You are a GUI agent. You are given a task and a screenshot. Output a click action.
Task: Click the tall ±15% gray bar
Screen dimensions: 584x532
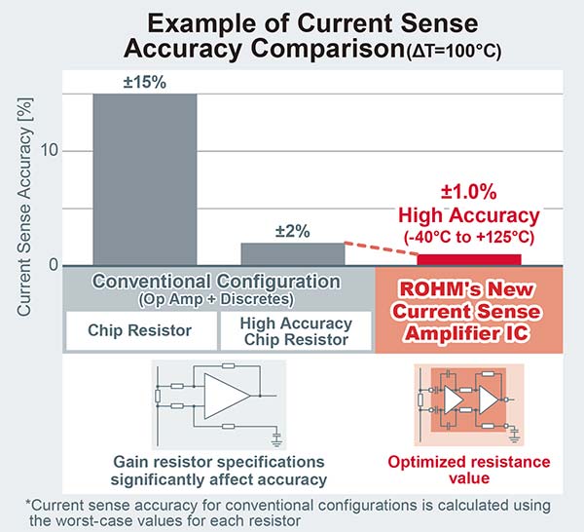(x=145, y=179)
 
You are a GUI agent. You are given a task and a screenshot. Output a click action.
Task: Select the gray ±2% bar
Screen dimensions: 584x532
(x=293, y=254)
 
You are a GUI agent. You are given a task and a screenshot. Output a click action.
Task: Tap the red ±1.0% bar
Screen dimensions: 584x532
(x=469, y=260)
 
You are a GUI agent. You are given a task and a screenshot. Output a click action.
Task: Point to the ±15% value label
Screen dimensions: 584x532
(x=145, y=82)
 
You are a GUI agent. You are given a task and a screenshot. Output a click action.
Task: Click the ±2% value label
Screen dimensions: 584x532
(x=292, y=231)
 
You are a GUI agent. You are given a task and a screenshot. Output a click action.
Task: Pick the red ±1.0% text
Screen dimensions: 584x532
(x=469, y=192)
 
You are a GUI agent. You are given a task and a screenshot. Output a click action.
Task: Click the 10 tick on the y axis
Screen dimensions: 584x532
(x=50, y=151)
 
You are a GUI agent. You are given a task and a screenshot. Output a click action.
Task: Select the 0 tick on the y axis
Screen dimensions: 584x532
(x=54, y=265)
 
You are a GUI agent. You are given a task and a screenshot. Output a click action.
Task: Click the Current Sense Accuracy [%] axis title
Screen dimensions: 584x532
(x=24, y=208)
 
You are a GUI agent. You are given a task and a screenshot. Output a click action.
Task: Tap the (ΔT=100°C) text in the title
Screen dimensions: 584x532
(x=453, y=52)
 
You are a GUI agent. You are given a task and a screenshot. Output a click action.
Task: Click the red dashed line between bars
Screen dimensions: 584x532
(x=382, y=248)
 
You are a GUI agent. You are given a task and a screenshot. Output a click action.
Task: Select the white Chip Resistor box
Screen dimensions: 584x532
(x=141, y=330)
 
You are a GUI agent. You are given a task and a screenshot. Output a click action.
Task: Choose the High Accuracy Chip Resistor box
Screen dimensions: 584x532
(x=296, y=330)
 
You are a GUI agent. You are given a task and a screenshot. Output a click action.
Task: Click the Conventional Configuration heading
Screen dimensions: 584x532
(x=216, y=281)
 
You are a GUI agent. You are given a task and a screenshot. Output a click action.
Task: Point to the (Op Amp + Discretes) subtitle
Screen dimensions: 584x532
(x=216, y=299)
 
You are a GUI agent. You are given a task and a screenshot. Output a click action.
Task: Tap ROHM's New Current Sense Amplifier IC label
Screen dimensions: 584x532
(x=466, y=311)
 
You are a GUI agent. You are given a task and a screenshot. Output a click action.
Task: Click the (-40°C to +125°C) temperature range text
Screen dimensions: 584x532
(x=469, y=237)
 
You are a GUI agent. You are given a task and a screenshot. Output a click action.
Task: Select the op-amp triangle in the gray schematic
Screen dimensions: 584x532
(x=227, y=396)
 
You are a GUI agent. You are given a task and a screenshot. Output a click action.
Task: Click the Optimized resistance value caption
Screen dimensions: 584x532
(x=469, y=470)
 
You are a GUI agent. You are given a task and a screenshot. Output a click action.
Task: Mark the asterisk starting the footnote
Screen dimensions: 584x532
(x=28, y=503)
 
